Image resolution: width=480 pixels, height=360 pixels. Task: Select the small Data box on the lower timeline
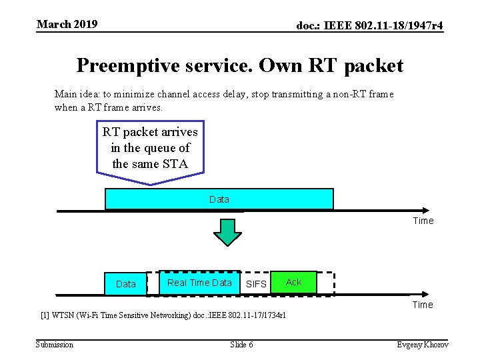(125, 284)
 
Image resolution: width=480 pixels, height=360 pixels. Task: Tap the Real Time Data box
(199, 283)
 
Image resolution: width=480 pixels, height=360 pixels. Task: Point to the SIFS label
(256, 284)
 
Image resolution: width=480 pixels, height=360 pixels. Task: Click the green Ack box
(293, 282)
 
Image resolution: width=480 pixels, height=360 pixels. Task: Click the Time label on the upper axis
(423, 221)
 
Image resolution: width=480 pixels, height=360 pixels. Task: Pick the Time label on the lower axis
(423, 305)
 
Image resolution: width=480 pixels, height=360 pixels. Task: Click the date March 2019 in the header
(67, 25)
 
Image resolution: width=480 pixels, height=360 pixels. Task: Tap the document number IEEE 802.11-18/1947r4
(369, 26)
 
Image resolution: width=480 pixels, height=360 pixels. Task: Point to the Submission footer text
(55, 344)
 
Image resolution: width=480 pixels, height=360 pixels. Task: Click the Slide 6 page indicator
(241, 344)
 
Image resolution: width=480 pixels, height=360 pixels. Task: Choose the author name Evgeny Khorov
(423, 344)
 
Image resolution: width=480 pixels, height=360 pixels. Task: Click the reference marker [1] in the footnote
(45, 315)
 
